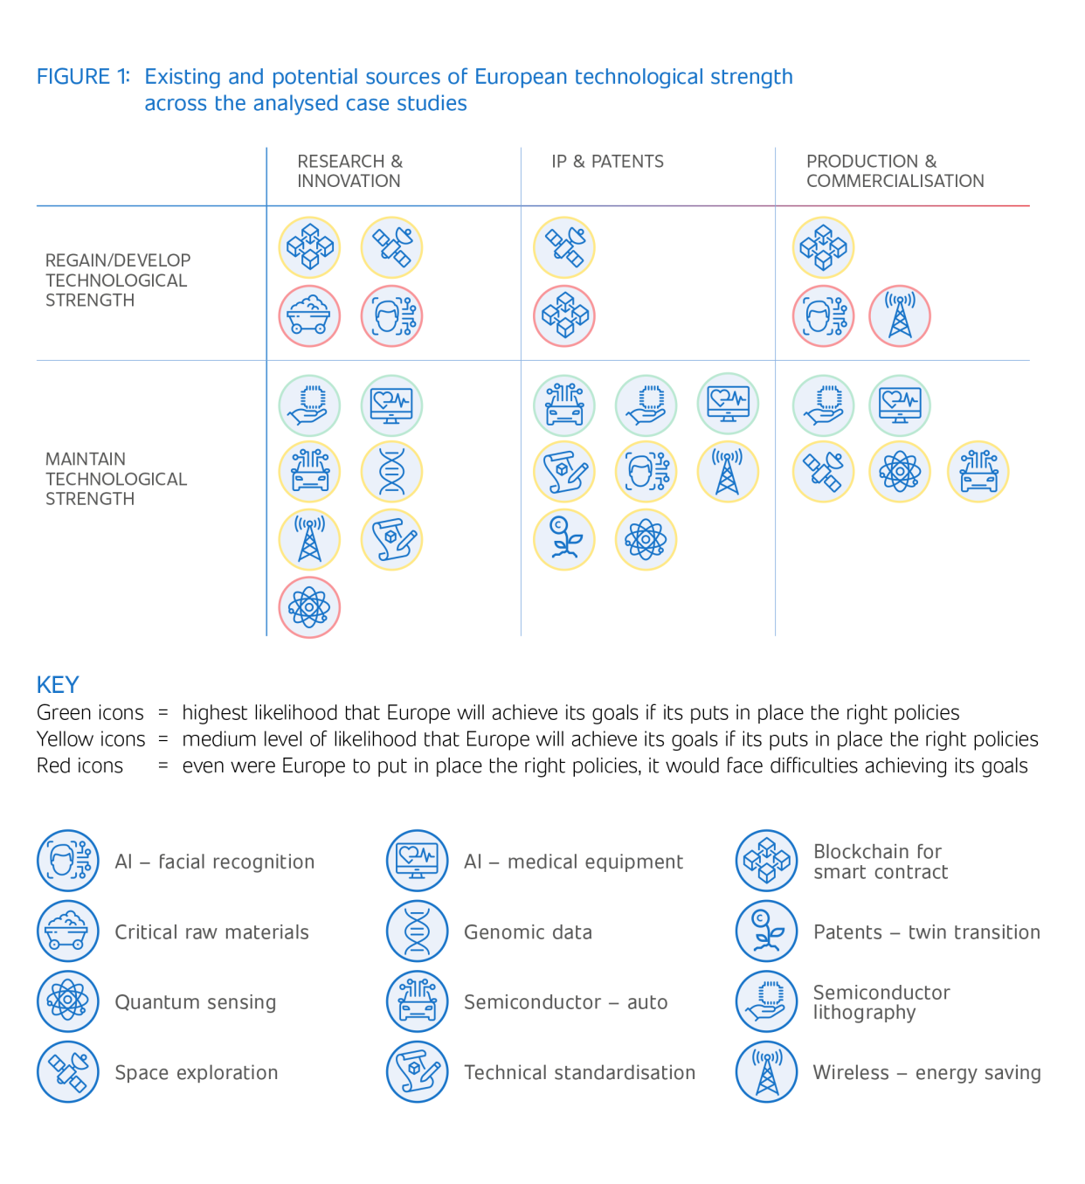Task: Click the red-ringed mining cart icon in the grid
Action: [309, 316]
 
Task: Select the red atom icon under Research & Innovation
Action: [309, 607]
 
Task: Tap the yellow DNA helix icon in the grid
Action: [391, 473]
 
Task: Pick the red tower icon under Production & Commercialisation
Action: [900, 316]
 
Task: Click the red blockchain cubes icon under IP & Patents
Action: [564, 316]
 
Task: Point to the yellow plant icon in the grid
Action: [564, 540]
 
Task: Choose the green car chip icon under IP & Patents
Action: [564, 405]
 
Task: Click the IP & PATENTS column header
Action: [607, 162]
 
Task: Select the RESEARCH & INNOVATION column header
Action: [349, 171]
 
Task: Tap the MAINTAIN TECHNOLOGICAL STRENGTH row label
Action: [116, 479]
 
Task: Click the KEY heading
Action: [58, 685]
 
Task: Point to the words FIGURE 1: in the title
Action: [83, 77]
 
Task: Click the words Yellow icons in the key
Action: [91, 739]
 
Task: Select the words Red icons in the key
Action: [80, 766]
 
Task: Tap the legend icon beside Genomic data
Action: [418, 931]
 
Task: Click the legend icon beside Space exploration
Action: [68, 1072]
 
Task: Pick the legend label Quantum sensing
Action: [196, 1002]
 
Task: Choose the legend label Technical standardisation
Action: [579, 1072]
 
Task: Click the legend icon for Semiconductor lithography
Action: [767, 1001]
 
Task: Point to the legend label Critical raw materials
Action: [211, 932]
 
